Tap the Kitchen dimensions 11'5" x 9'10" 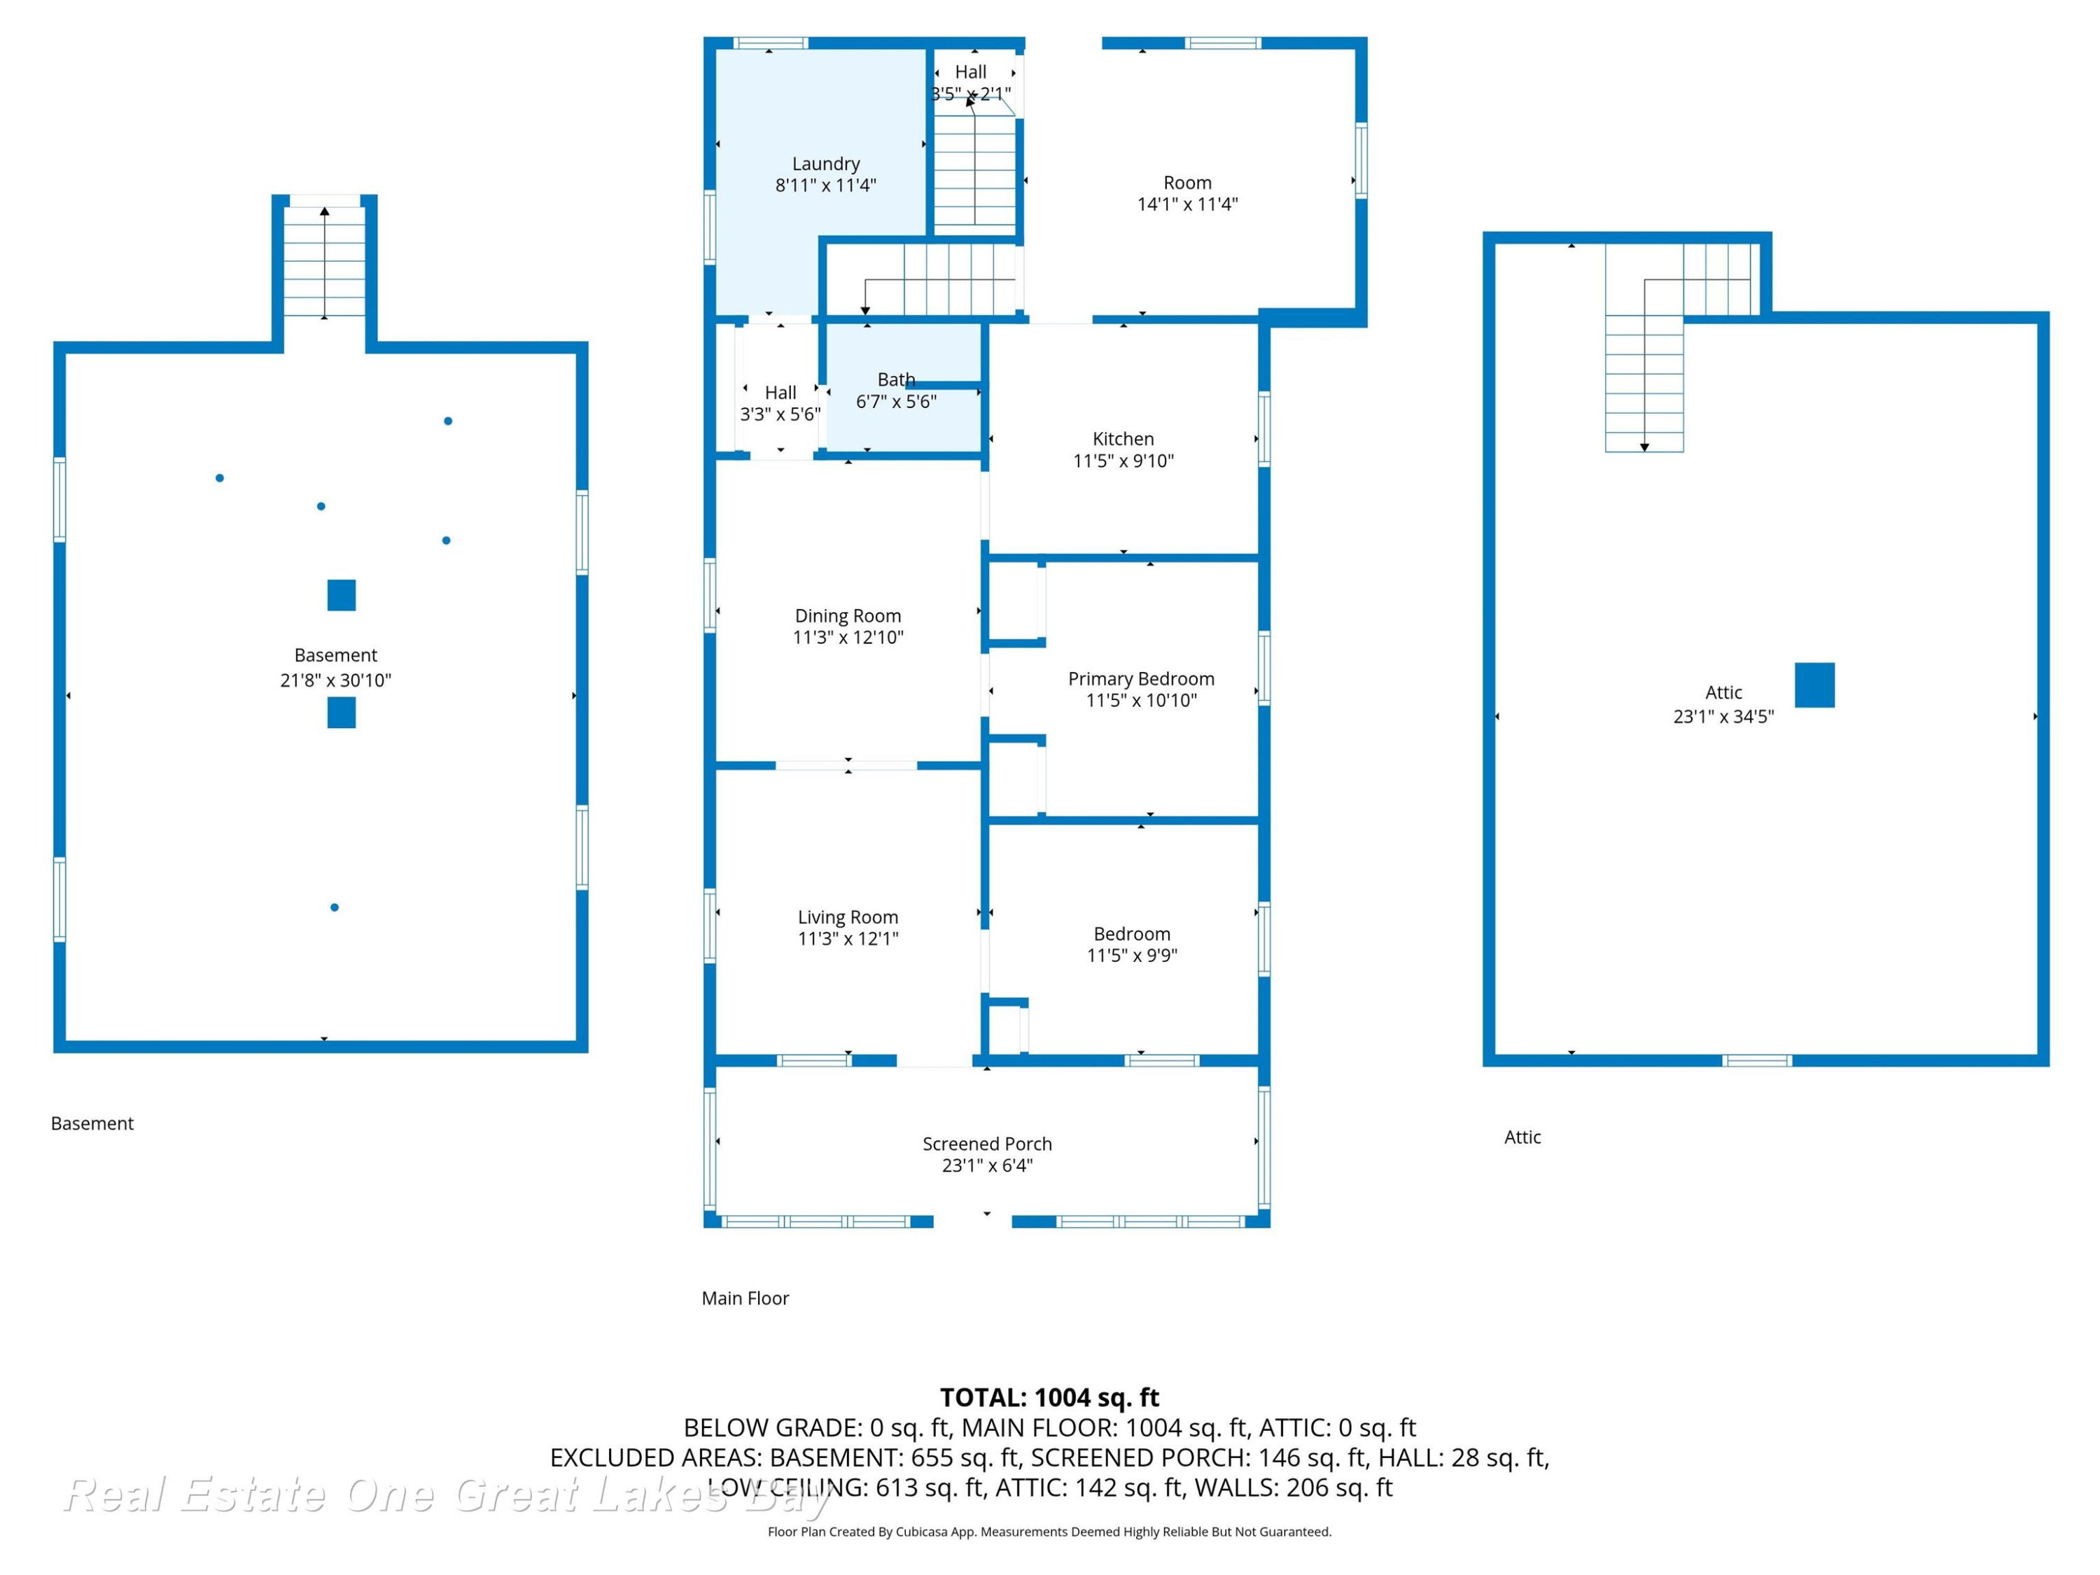tap(1123, 461)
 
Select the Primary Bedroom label tap(1141, 679)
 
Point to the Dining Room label tap(848, 616)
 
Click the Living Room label tap(848, 917)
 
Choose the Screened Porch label tap(987, 1144)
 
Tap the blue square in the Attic tap(1814, 685)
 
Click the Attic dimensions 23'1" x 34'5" tap(1723, 717)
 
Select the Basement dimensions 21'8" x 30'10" tap(335, 680)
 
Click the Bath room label tap(896, 379)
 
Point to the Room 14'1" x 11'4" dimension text tap(1188, 204)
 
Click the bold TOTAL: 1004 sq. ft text tap(1049, 1397)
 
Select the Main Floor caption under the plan tap(745, 1298)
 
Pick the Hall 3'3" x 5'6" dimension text tap(780, 414)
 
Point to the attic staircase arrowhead tap(1644, 447)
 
